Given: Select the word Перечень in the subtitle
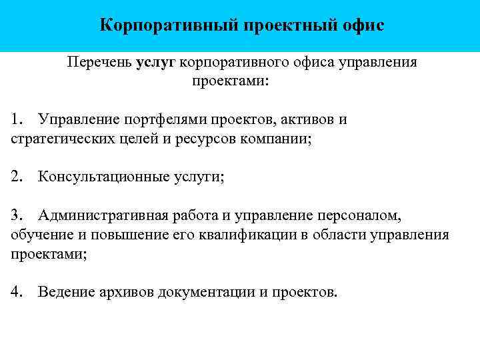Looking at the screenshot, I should tap(99, 63).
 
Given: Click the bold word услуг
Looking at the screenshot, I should tap(155, 63).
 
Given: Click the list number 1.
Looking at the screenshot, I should tap(17, 120).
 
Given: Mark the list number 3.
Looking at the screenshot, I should tap(17, 215).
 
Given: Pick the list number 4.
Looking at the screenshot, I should tap(17, 292).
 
